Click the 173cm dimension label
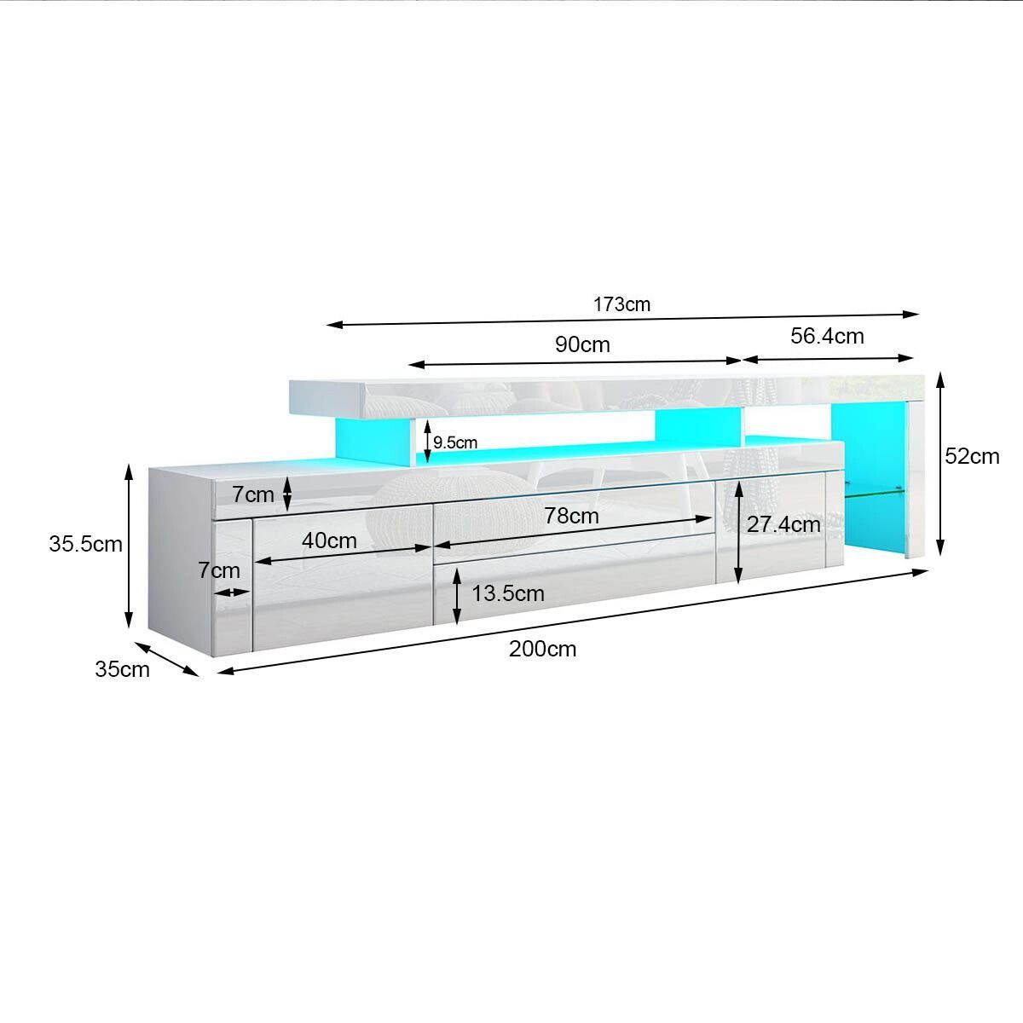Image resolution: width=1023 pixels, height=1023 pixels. [x=621, y=304]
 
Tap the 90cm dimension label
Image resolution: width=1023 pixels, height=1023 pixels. [x=582, y=344]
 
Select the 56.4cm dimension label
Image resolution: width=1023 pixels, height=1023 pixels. [x=827, y=336]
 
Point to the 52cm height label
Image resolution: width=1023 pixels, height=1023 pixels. [x=972, y=457]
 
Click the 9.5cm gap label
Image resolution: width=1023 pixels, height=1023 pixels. [x=455, y=442]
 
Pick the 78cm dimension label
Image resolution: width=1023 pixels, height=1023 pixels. [x=571, y=516]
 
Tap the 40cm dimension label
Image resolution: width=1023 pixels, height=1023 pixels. [x=329, y=541]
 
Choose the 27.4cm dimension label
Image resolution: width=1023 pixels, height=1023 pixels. [x=783, y=525]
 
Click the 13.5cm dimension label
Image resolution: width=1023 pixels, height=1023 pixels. [x=508, y=593]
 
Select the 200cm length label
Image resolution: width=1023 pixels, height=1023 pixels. [x=542, y=649]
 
